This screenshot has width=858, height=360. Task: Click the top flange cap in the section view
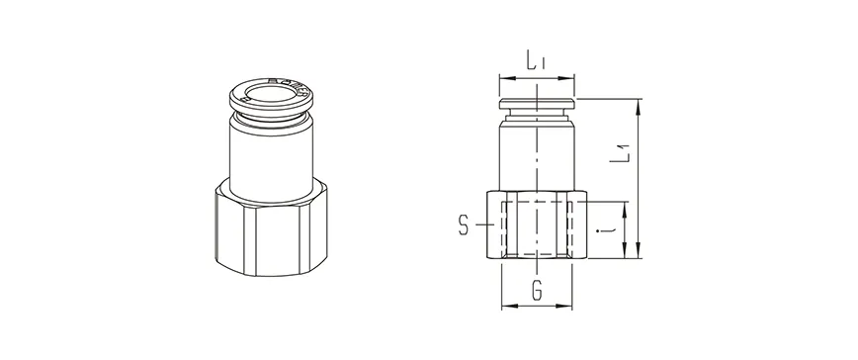tap(536, 101)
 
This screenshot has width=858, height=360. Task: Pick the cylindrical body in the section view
tap(536, 153)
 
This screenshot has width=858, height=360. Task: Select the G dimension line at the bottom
tap(537, 306)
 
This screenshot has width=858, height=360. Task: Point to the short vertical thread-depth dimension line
tap(625, 227)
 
